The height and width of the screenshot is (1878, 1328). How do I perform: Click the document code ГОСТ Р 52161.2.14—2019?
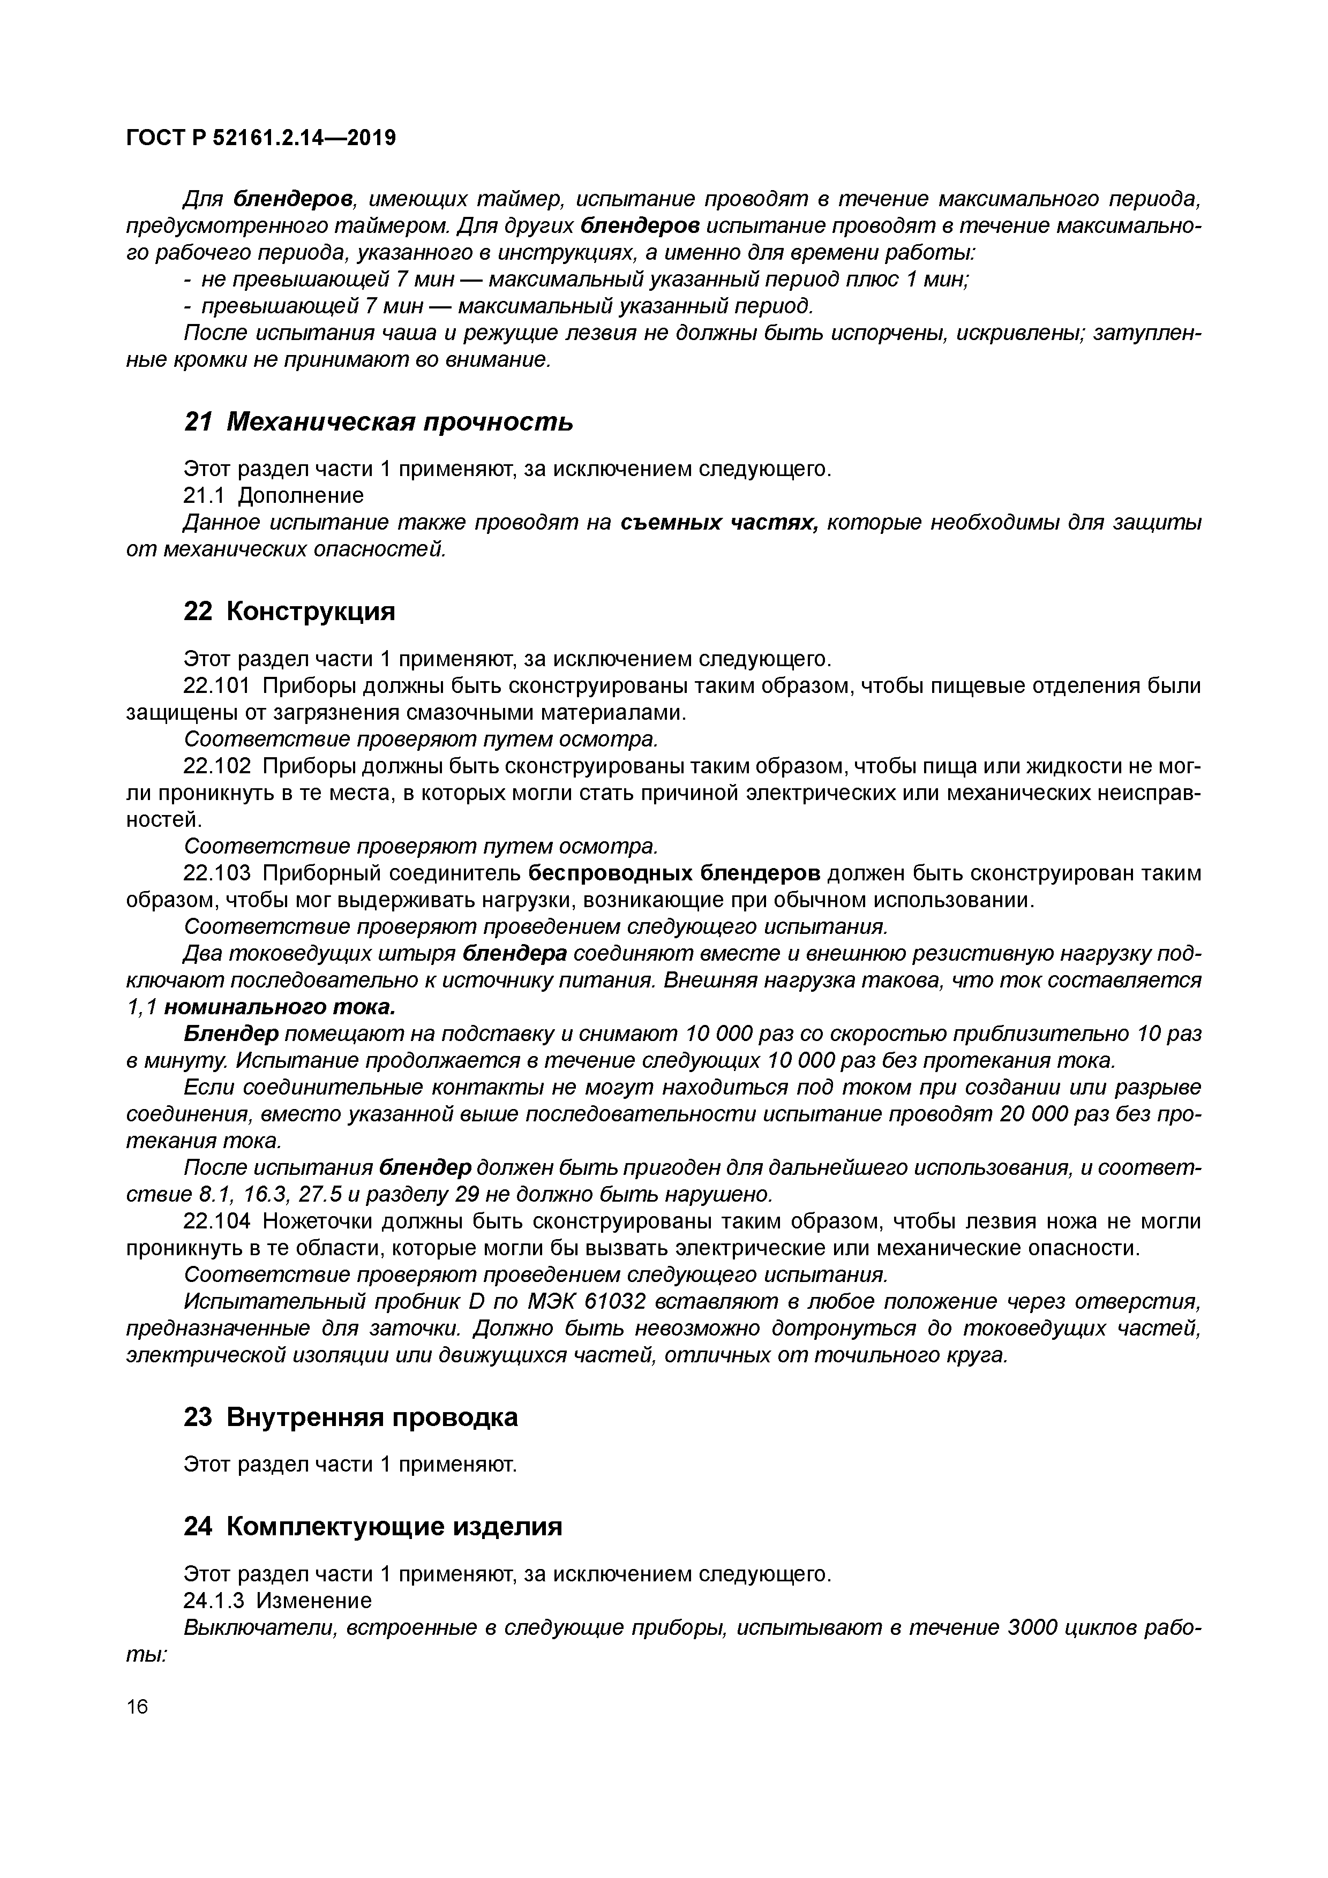261,138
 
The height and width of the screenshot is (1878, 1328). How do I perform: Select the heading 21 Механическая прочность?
378,422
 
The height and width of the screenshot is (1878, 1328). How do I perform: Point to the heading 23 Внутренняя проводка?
350,1417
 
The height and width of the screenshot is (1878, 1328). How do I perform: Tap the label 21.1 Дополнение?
273,496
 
